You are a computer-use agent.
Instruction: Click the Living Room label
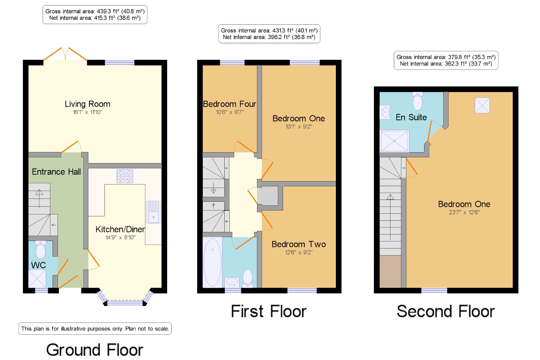[x=87, y=104]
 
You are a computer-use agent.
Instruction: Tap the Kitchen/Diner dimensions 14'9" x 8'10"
[x=120, y=237]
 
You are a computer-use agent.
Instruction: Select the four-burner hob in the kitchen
[x=125, y=176]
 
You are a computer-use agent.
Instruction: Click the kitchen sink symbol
[x=153, y=212]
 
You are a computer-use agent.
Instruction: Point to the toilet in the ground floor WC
[x=41, y=250]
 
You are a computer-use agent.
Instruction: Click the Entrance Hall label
[x=56, y=172]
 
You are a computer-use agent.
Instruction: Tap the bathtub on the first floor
[x=212, y=262]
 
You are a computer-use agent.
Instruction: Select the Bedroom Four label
[x=230, y=104]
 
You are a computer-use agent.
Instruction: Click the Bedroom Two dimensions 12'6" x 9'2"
[x=299, y=252]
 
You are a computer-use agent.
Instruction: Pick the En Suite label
[x=411, y=117]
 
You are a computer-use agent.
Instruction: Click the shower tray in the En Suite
[x=394, y=141]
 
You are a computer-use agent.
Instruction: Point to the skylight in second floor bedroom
[x=482, y=105]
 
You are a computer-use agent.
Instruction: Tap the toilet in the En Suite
[x=417, y=101]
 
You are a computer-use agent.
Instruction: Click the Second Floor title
[x=446, y=311]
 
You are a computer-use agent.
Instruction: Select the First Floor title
[x=269, y=311]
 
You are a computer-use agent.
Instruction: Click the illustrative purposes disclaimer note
[x=95, y=329]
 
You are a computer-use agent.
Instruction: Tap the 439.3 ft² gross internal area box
[x=95, y=15]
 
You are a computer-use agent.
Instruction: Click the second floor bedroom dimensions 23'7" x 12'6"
[x=464, y=212]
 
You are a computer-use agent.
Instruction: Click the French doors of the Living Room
[x=65, y=54]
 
